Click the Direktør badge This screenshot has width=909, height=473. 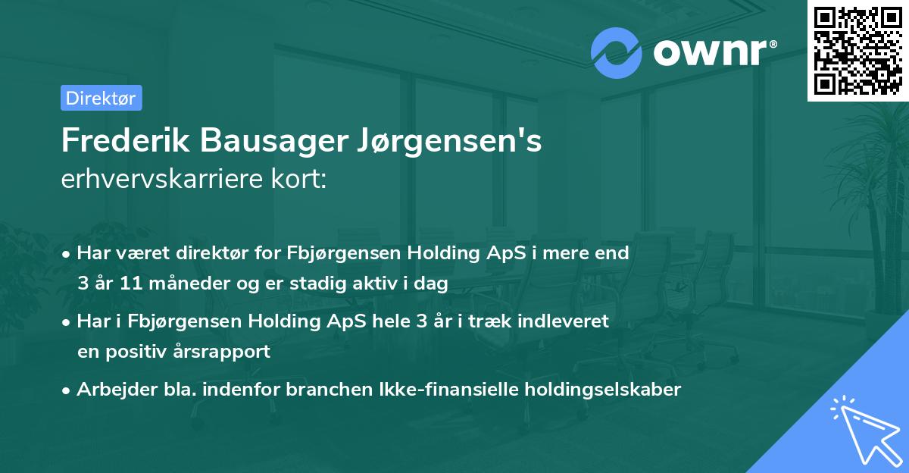(x=101, y=98)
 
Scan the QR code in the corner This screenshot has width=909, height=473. (x=858, y=50)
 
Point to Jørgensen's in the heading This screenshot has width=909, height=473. (x=451, y=142)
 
